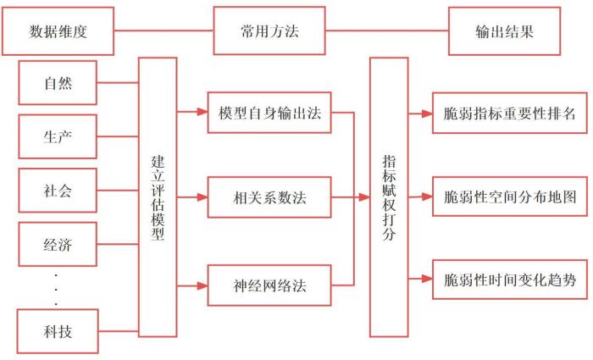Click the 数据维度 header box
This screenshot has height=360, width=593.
[x=59, y=32]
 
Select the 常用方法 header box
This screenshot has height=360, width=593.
[x=269, y=32]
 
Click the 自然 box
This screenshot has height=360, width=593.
[x=58, y=83]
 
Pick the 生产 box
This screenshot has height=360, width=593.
[x=58, y=136]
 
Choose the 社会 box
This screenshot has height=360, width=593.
[x=58, y=190]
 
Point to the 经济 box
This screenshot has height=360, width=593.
[x=58, y=246]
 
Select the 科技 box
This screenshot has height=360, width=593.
[x=58, y=331]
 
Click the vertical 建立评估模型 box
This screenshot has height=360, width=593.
[x=158, y=197]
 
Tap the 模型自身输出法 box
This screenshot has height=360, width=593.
[x=269, y=112]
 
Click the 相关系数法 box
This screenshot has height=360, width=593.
[x=269, y=198]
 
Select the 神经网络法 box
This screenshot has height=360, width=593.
[x=269, y=285]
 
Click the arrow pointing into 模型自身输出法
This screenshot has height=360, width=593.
[x=192, y=112]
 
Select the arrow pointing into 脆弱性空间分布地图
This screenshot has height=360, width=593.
[x=419, y=198]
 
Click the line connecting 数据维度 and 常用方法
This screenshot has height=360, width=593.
[x=164, y=32]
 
